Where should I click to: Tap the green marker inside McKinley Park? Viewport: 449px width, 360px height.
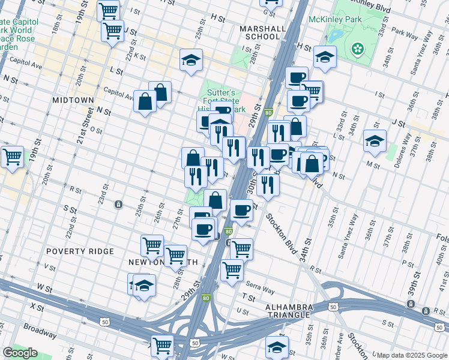pos(358,47)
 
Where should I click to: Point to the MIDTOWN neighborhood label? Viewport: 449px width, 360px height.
pos(73,100)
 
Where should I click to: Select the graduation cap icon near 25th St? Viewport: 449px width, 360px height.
pos(191,60)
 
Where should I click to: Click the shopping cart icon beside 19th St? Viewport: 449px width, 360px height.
pos(12,157)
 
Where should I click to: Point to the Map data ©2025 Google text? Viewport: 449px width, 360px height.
pos(411,355)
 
